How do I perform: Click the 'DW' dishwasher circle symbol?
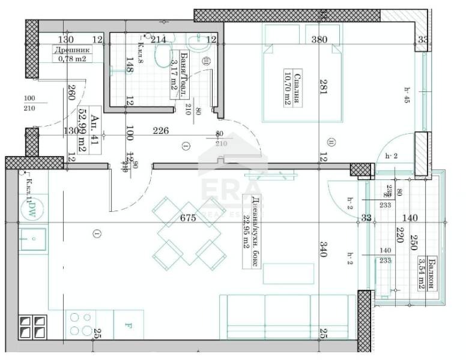(28, 208)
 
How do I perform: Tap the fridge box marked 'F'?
(128, 326)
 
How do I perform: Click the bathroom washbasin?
(196, 42)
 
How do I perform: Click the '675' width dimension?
(188, 219)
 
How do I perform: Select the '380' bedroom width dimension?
(319, 40)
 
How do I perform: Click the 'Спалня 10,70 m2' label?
(292, 88)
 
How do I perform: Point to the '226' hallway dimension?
(160, 130)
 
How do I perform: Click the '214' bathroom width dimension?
(159, 40)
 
